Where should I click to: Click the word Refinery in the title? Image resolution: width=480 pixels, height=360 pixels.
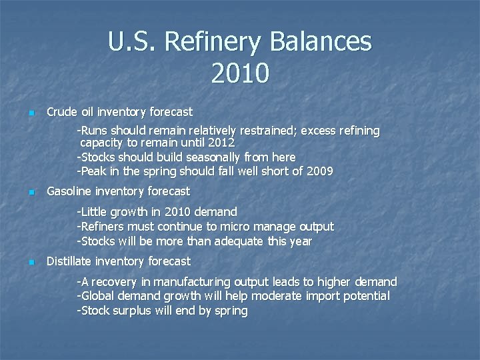click(x=213, y=43)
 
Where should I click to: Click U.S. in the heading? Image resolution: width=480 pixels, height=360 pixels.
click(x=132, y=43)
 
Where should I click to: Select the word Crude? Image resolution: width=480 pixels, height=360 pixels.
click(x=62, y=112)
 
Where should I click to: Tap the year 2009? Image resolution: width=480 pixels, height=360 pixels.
click(x=319, y=171)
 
